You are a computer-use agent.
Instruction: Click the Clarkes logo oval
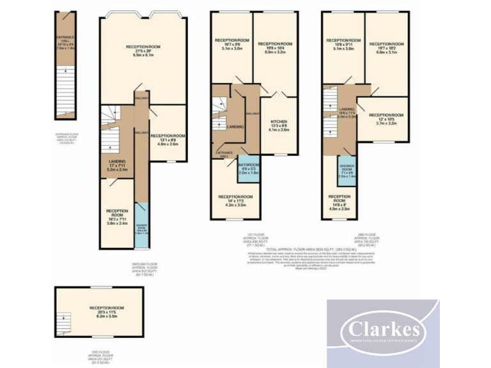coord(383,330)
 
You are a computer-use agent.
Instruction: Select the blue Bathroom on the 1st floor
coord(248,168)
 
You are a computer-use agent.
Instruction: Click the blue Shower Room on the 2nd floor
coord(346,170)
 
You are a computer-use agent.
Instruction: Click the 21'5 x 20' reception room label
coord(143,51)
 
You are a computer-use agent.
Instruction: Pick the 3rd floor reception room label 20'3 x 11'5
coord(106,312)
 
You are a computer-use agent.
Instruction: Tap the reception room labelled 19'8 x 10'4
coord(274,50)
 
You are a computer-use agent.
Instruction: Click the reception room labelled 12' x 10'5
coord(383,118)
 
